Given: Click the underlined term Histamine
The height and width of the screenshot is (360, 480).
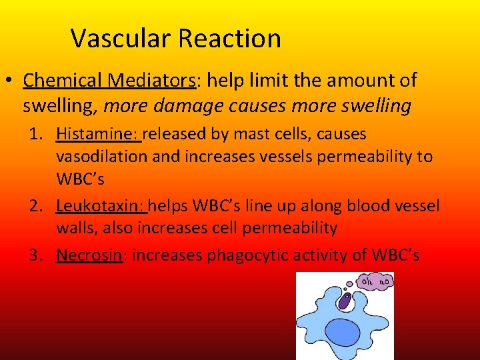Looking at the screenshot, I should coord(97,134).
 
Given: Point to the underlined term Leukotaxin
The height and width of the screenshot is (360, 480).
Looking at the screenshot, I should coord(101,205).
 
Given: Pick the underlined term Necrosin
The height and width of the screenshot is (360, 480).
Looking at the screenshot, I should coord(90,255).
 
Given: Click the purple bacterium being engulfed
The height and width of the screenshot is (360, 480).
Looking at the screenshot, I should coord(344,302).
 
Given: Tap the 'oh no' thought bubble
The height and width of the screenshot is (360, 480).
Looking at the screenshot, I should coord(375,282).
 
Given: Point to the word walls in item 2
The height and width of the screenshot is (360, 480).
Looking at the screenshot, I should coord(77,228).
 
